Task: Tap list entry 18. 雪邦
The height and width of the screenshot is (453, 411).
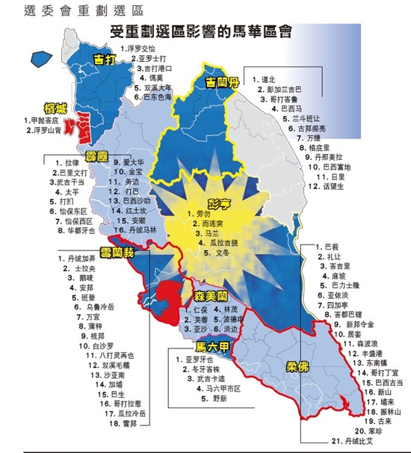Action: coord(104,424)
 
